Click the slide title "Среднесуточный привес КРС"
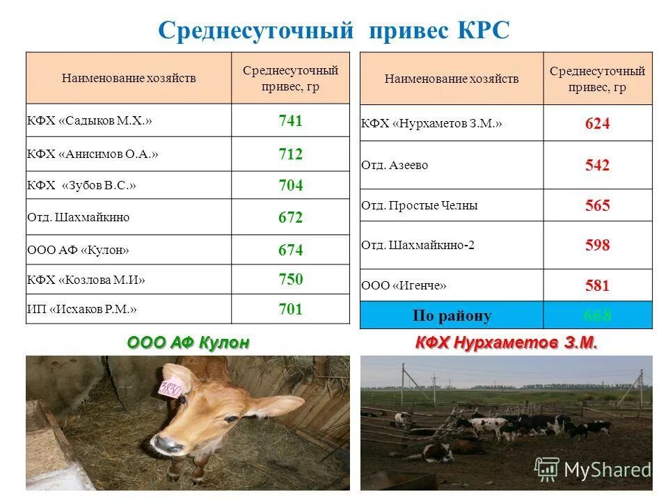coord(334,30)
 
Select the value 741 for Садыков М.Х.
coord(290,121)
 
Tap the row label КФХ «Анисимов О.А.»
coord(93,154)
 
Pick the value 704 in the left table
coord(290,186)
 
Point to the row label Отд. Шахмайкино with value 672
coord(78,217)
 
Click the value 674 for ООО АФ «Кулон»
coord(290,250)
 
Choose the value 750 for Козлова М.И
coord(290,279)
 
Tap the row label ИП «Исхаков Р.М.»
coord(82,309)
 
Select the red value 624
coord(597,124)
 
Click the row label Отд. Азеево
coord(395,166)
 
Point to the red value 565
coord(597,205)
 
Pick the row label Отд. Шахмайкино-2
coord(417,245)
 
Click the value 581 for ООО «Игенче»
coord(597,285)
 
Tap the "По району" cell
coord(452,315)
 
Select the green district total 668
coord(597,315)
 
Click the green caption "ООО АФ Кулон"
coord(188,343)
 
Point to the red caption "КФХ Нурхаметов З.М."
coord(507,343)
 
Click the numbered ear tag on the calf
coord(170,388)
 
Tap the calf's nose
coord(167,443)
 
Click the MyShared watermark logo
coord(592,470)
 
